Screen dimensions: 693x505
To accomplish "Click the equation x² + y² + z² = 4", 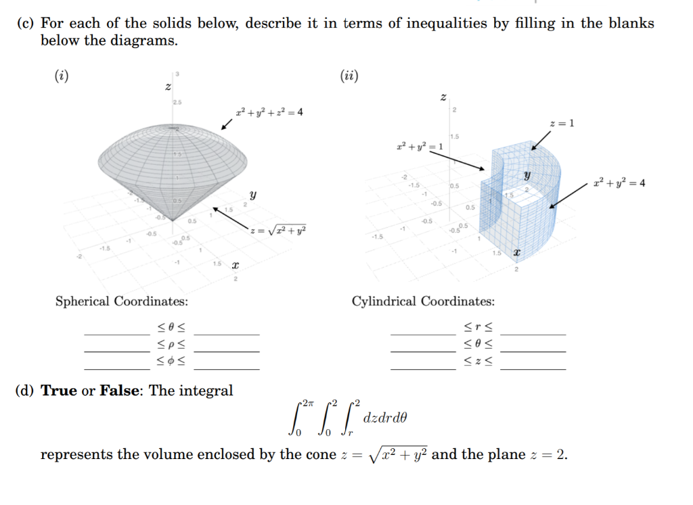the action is (269, 112).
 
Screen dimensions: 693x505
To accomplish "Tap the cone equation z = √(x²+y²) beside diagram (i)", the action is (278, 231).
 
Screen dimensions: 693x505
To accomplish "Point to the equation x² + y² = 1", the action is (420, 147).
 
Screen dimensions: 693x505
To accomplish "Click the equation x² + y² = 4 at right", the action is (619, 183).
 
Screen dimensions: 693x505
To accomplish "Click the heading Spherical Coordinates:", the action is (122, 301).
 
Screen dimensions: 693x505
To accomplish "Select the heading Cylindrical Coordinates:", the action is (423, 301).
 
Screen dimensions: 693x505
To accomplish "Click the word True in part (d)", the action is (59, 391).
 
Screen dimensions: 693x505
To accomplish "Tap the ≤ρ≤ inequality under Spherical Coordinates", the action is (172, 346).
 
